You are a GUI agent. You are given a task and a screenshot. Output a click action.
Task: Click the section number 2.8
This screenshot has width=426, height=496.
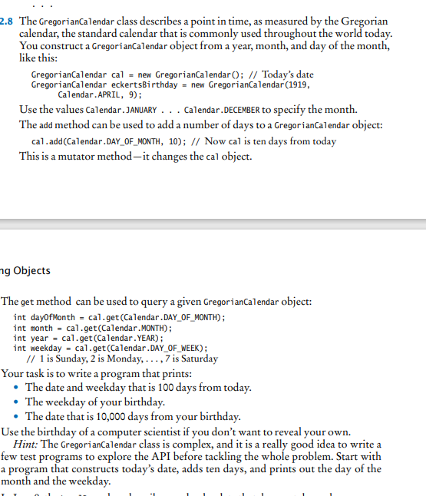(11, 21)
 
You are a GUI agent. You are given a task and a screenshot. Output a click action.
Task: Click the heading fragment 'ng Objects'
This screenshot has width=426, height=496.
(26, 270)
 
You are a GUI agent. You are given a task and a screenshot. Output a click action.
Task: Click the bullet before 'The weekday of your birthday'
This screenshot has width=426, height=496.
(17, 402)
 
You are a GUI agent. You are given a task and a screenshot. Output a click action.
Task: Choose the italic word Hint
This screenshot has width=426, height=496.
(28, 445)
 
